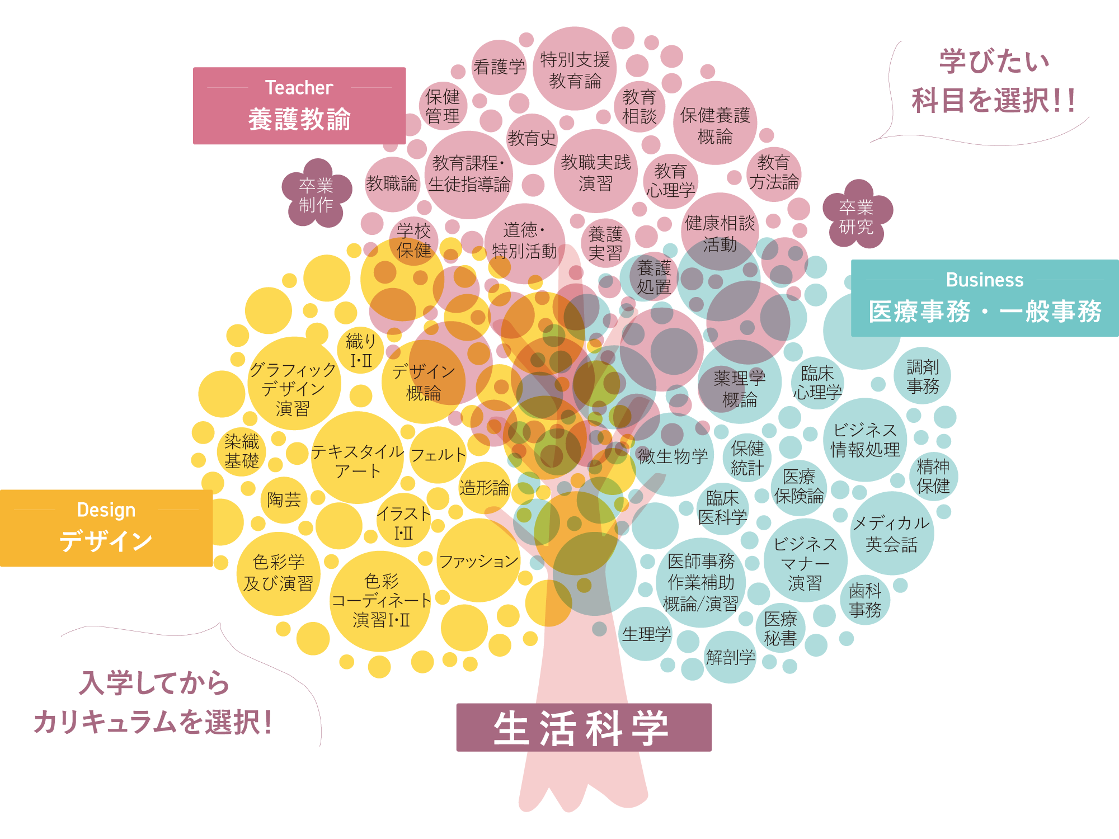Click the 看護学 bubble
tap(499, 67)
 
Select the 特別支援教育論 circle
tap(575, 69)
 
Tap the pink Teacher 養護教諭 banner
tap(299, 106)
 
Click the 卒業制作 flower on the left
tap(316, 195)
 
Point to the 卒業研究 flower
tap(856, 216)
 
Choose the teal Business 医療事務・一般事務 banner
tap(985, 298)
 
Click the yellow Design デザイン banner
tap(106, 528)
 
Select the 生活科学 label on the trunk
tap(584, 728)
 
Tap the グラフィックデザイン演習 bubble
tap(293, 388)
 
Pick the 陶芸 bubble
tap(284, 499)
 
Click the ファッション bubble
tap(478, 560)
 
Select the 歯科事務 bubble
tap(865, 600)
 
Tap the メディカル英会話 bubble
tap(891, 534)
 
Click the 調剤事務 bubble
tap(923, 376)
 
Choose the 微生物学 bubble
tap(673, 456)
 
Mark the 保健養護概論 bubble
tap(714, 124)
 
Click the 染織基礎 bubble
tap(242, 451)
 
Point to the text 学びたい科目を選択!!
tap(993, 82)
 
